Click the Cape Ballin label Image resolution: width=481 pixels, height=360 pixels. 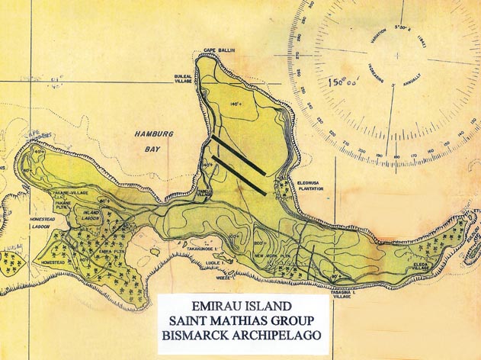click(218, 50)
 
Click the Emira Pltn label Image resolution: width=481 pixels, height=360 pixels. click(112, 249)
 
